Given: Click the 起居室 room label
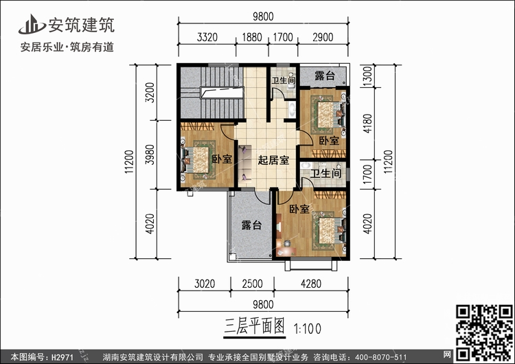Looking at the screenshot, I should click(x=273, y=161).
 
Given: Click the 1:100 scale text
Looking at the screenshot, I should click(x=307, y=328).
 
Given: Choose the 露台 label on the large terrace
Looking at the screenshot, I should click(x=251, y=226).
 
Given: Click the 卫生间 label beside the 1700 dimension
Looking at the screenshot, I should click(x=325, y=174).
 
